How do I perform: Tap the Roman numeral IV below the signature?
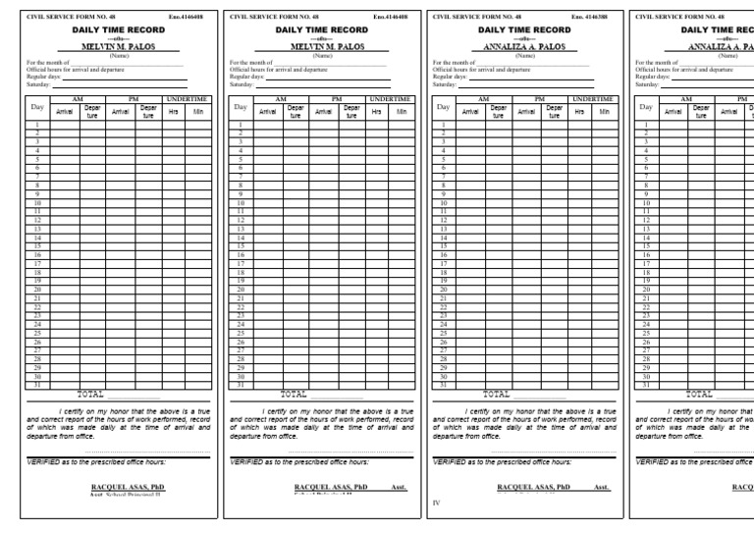[438, 502]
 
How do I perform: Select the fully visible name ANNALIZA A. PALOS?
[524, 46]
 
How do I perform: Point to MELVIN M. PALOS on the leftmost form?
[117, 46]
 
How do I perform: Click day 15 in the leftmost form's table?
[36, 244]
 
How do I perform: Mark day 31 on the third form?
[443, 385]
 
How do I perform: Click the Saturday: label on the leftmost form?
[36, 84]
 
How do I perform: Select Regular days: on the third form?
[449, 78]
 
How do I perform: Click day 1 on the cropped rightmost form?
[646, 125]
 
